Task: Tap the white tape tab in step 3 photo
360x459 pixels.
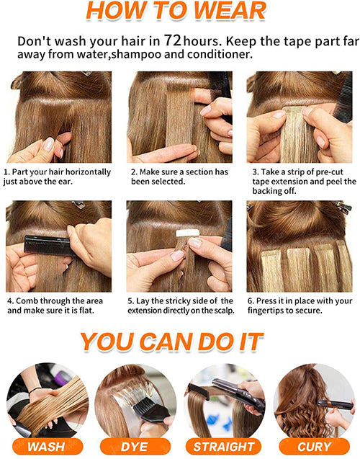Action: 294,113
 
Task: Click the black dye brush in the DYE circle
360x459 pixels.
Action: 150,409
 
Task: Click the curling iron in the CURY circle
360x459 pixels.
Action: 333,404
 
